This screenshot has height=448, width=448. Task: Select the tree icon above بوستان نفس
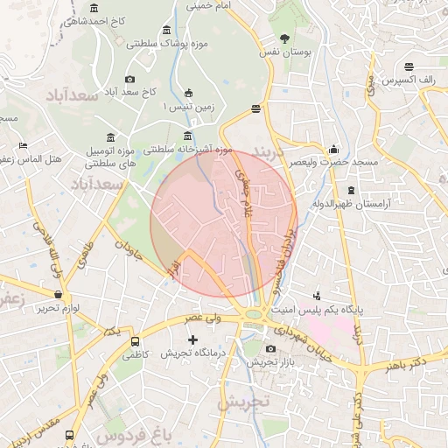click(284, 38)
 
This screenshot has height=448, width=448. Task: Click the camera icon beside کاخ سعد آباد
click(129, 80)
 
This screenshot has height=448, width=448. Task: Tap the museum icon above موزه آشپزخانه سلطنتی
click(188, 136)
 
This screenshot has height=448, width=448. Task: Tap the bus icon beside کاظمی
click(135, 342)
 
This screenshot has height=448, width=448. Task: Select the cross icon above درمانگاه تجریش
click(192, 339)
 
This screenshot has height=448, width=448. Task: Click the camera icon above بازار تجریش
click(270, 349)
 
